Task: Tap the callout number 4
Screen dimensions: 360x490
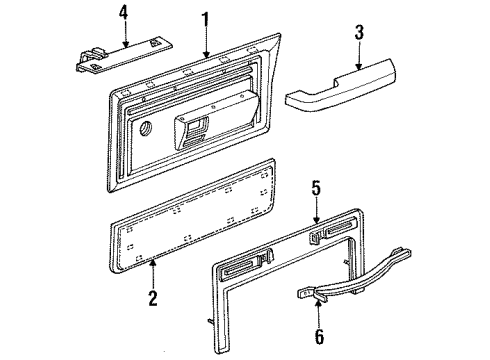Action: [123, 14]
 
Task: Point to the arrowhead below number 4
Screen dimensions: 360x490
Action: [124, 45]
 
